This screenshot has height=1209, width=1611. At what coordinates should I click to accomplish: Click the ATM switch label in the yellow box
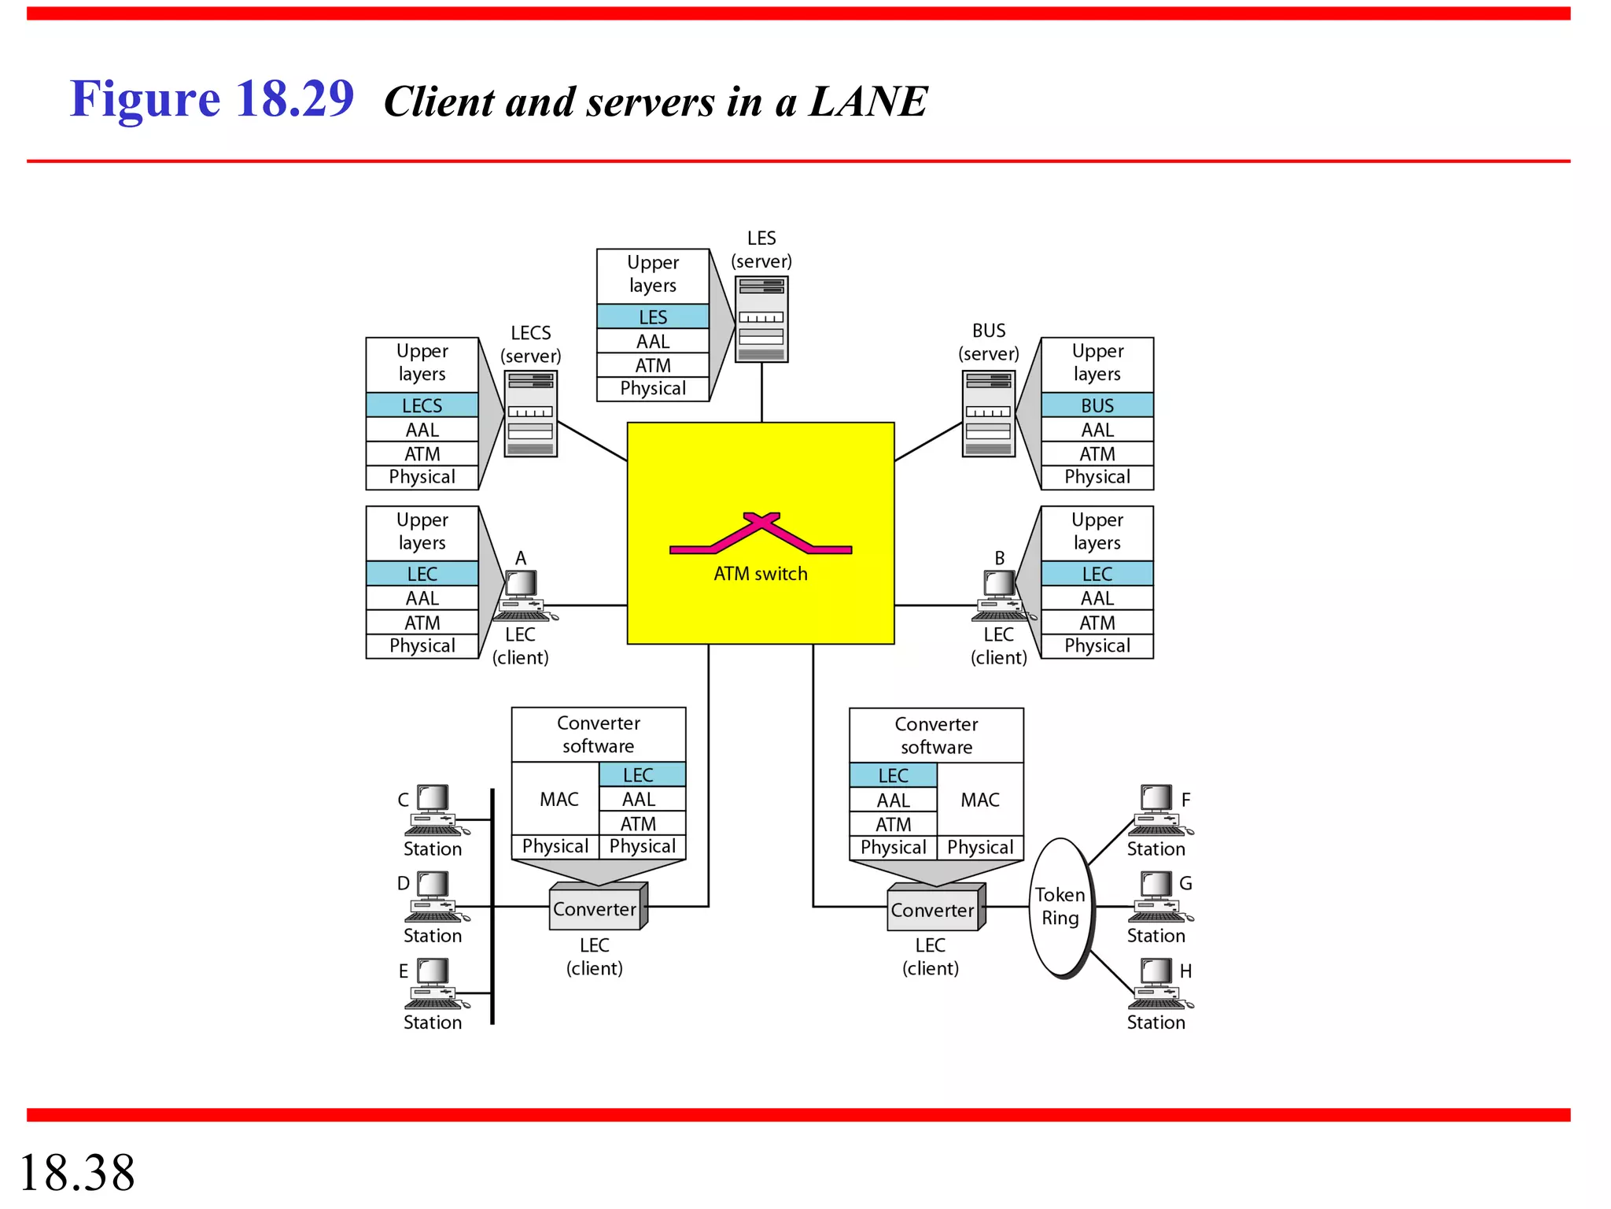coord(760,574)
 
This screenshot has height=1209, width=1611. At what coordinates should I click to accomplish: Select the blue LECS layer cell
coord(422,405)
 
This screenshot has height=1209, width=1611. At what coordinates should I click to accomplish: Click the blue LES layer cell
coord(652,316)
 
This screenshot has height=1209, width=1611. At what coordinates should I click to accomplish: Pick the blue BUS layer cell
coord(1097,405)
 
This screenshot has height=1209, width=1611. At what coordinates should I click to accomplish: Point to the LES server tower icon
coord(761,319)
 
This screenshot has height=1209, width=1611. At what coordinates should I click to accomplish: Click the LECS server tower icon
coord(530,414)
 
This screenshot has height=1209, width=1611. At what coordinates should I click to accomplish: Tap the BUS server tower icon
coord(989,414)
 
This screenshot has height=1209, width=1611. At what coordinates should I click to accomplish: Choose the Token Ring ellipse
coord(1060,907)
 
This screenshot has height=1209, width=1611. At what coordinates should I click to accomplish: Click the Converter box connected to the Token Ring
coord(934,910)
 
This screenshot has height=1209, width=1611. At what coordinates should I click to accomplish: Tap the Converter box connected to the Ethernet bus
coord(596,909)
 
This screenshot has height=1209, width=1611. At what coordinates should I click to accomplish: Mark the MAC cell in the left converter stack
coord(559,799)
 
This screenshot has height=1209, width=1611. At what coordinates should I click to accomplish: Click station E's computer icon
coord(433,983)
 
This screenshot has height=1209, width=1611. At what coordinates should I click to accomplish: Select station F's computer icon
coord(1156,810)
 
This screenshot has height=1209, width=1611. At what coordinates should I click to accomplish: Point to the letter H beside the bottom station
coord(1185,971)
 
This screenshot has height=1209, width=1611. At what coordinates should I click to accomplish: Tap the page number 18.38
coord(77,1172)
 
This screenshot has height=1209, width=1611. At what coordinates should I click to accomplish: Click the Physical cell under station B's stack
coord(1097,645)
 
